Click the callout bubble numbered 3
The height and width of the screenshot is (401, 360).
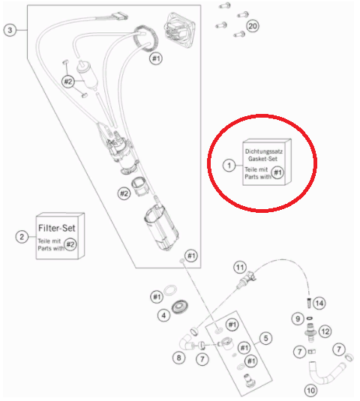pos(10,30)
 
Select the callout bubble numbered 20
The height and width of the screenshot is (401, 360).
pos(253,26)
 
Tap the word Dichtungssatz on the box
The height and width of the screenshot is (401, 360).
pos(264,151)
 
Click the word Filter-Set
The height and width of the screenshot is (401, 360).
pos(57,228)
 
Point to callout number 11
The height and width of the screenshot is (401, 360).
pos(240,268)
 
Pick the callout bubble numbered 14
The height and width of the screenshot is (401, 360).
pos(319,304)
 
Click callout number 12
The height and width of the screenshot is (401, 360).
pos(325,332)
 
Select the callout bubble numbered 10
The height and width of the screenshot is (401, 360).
pos(310,391)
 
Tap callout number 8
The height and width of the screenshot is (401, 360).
pos(178,358)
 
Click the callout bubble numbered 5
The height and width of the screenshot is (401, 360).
pos(265,338)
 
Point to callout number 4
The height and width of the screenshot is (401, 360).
pos(163,316)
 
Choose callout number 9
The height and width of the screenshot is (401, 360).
pos(298,319)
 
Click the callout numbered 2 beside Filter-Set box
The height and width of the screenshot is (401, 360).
pos(22,237)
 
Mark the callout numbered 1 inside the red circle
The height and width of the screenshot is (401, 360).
pos(229,166)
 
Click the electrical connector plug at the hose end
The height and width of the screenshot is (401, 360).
pos(120,16)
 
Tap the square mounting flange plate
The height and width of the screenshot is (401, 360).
pos(179,31)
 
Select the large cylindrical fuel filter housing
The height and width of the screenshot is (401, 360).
pos(161,228)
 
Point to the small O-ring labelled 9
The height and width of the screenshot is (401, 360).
pos(309,319)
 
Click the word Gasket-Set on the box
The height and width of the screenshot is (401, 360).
pos(262,159)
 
